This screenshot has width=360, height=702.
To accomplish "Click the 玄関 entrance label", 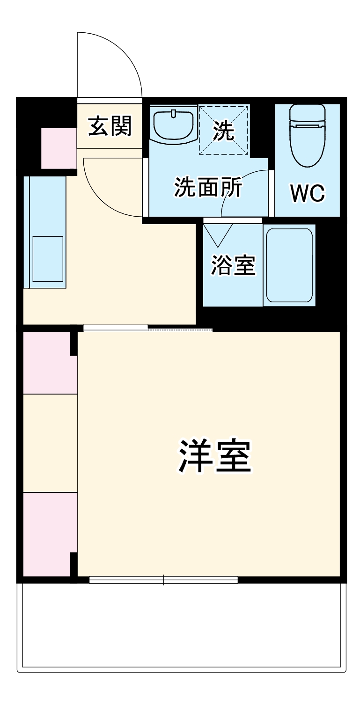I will [110, 126].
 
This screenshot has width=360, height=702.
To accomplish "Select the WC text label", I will [307, 193].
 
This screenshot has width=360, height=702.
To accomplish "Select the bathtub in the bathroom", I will [289, 265].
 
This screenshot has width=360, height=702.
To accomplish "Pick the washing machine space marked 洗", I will [224, 130].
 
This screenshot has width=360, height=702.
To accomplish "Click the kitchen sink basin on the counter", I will [48, 259].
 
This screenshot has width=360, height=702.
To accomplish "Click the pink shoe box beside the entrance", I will [59, 148].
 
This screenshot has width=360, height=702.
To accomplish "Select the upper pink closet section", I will [50, 363].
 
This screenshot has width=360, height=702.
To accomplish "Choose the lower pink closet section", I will [50, 534].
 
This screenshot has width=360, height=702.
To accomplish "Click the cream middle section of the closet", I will [50, 443].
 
